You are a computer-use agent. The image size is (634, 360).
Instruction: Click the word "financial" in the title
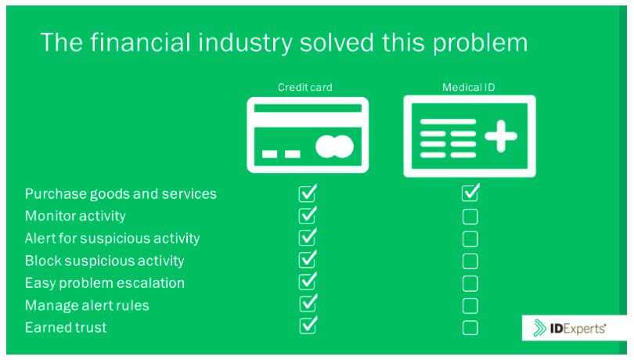click(x=140, y=42)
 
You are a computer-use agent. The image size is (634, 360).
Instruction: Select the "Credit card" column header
click(x=305, y=88)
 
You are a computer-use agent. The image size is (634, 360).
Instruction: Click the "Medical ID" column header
click(x=469, y=88)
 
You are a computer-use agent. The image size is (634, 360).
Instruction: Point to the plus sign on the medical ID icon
click(x=501, y=136)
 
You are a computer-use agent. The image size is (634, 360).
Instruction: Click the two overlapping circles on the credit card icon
click(x=334, y=146)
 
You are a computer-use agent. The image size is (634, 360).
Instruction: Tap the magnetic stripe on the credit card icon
click(x=308, y=109)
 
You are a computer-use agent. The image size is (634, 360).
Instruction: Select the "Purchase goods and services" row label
click(x=121, y=194)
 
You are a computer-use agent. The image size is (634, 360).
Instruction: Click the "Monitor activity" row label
click(x=75, y=216)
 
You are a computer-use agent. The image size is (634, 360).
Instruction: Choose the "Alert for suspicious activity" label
click(x=113, y=238)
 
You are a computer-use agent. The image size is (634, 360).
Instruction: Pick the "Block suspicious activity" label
click(x=105, y=261)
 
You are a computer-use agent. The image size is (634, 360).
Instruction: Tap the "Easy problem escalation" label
click(x=105, y=283)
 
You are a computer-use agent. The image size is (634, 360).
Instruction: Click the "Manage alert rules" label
click(x=87, y=305)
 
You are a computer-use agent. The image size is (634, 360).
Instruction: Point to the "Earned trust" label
click(x=66, y=327)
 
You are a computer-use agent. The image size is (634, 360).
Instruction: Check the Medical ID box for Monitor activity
click(x=470, y=217)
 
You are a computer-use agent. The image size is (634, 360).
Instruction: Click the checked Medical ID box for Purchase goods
click(x=470, y=193)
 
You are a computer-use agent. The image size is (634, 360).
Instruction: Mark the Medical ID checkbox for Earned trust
click(x=470, y=328)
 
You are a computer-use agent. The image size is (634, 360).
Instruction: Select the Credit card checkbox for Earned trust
click(x=308, y=326)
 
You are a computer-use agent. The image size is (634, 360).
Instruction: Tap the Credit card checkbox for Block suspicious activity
click(x=308, y=259)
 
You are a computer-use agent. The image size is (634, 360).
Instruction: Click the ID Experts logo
click(x=570, y=328)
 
